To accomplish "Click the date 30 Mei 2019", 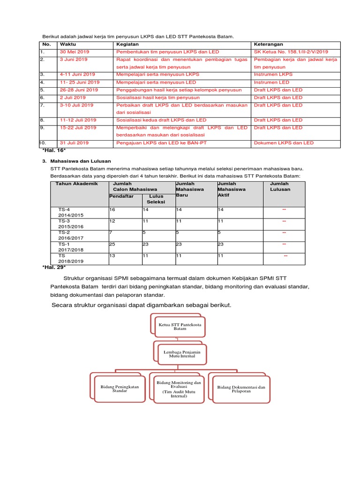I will [74, 52].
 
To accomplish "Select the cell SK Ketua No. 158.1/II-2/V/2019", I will [291, 52].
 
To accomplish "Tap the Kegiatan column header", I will [127, 44].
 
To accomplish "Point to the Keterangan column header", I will [269, 44].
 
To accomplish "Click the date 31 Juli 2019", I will [75, 142].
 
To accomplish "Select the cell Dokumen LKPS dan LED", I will [284, 142].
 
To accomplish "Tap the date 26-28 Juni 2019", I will [79, 90].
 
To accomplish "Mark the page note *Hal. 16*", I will [53, 152].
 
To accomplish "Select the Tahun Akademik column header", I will [77, 184].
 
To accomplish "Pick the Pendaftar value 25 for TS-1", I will [112, 244].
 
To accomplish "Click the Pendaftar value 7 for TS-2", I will [110, 232].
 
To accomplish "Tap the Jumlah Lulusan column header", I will [280, 187].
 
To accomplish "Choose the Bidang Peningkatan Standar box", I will [120, 389].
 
